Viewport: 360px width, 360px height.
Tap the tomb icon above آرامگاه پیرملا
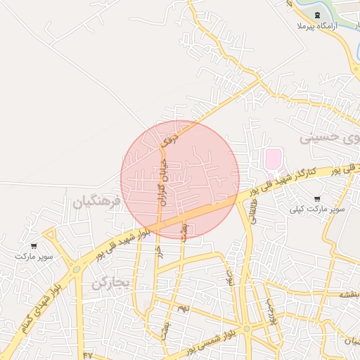coord(316,15)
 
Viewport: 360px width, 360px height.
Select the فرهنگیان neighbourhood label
coord(97,202)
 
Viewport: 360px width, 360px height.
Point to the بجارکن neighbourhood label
coord(111,282)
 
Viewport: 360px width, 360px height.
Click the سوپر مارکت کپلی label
coord(320,209)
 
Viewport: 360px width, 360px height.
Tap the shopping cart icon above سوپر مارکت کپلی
coord(317,199)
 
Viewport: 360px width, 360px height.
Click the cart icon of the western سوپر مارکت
coord(34,246)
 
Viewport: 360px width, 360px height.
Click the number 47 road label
coord(87,354)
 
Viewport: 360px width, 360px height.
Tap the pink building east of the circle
coord(271,160)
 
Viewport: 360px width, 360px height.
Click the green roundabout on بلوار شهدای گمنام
coord(75,269)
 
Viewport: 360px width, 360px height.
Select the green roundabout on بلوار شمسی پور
coord(247,328)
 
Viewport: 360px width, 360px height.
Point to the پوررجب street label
coord(269,309)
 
